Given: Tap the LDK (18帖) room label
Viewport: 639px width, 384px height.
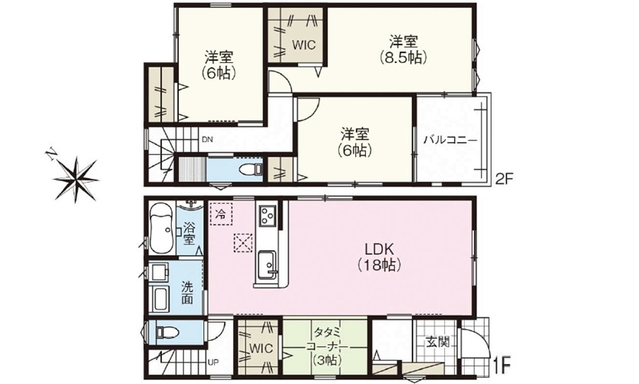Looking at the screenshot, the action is click(x=379, y=257).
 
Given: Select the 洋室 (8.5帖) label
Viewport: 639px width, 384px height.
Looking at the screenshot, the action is click(x=403, y=49).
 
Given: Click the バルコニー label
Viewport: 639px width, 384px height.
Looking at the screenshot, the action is click(x=450, y=140).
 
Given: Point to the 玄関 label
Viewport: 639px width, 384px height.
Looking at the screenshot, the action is click(x=438, y=341).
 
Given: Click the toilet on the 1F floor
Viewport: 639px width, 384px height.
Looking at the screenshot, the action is click(x=167, y=333).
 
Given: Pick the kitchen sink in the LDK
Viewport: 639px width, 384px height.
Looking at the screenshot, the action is click(x=267, y=264).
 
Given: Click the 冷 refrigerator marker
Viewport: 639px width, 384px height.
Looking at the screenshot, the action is click(x=220, y=214).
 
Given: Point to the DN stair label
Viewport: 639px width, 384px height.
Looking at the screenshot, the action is click(x=207, y=140).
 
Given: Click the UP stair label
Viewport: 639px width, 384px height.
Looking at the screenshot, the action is click(x=213, y=362).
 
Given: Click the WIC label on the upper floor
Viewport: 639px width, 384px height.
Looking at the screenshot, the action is click(x=303, y=44).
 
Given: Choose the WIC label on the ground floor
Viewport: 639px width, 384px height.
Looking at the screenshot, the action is click(x=261, y=349).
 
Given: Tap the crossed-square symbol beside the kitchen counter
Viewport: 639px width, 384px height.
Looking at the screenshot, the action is click(x=243, y=243).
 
